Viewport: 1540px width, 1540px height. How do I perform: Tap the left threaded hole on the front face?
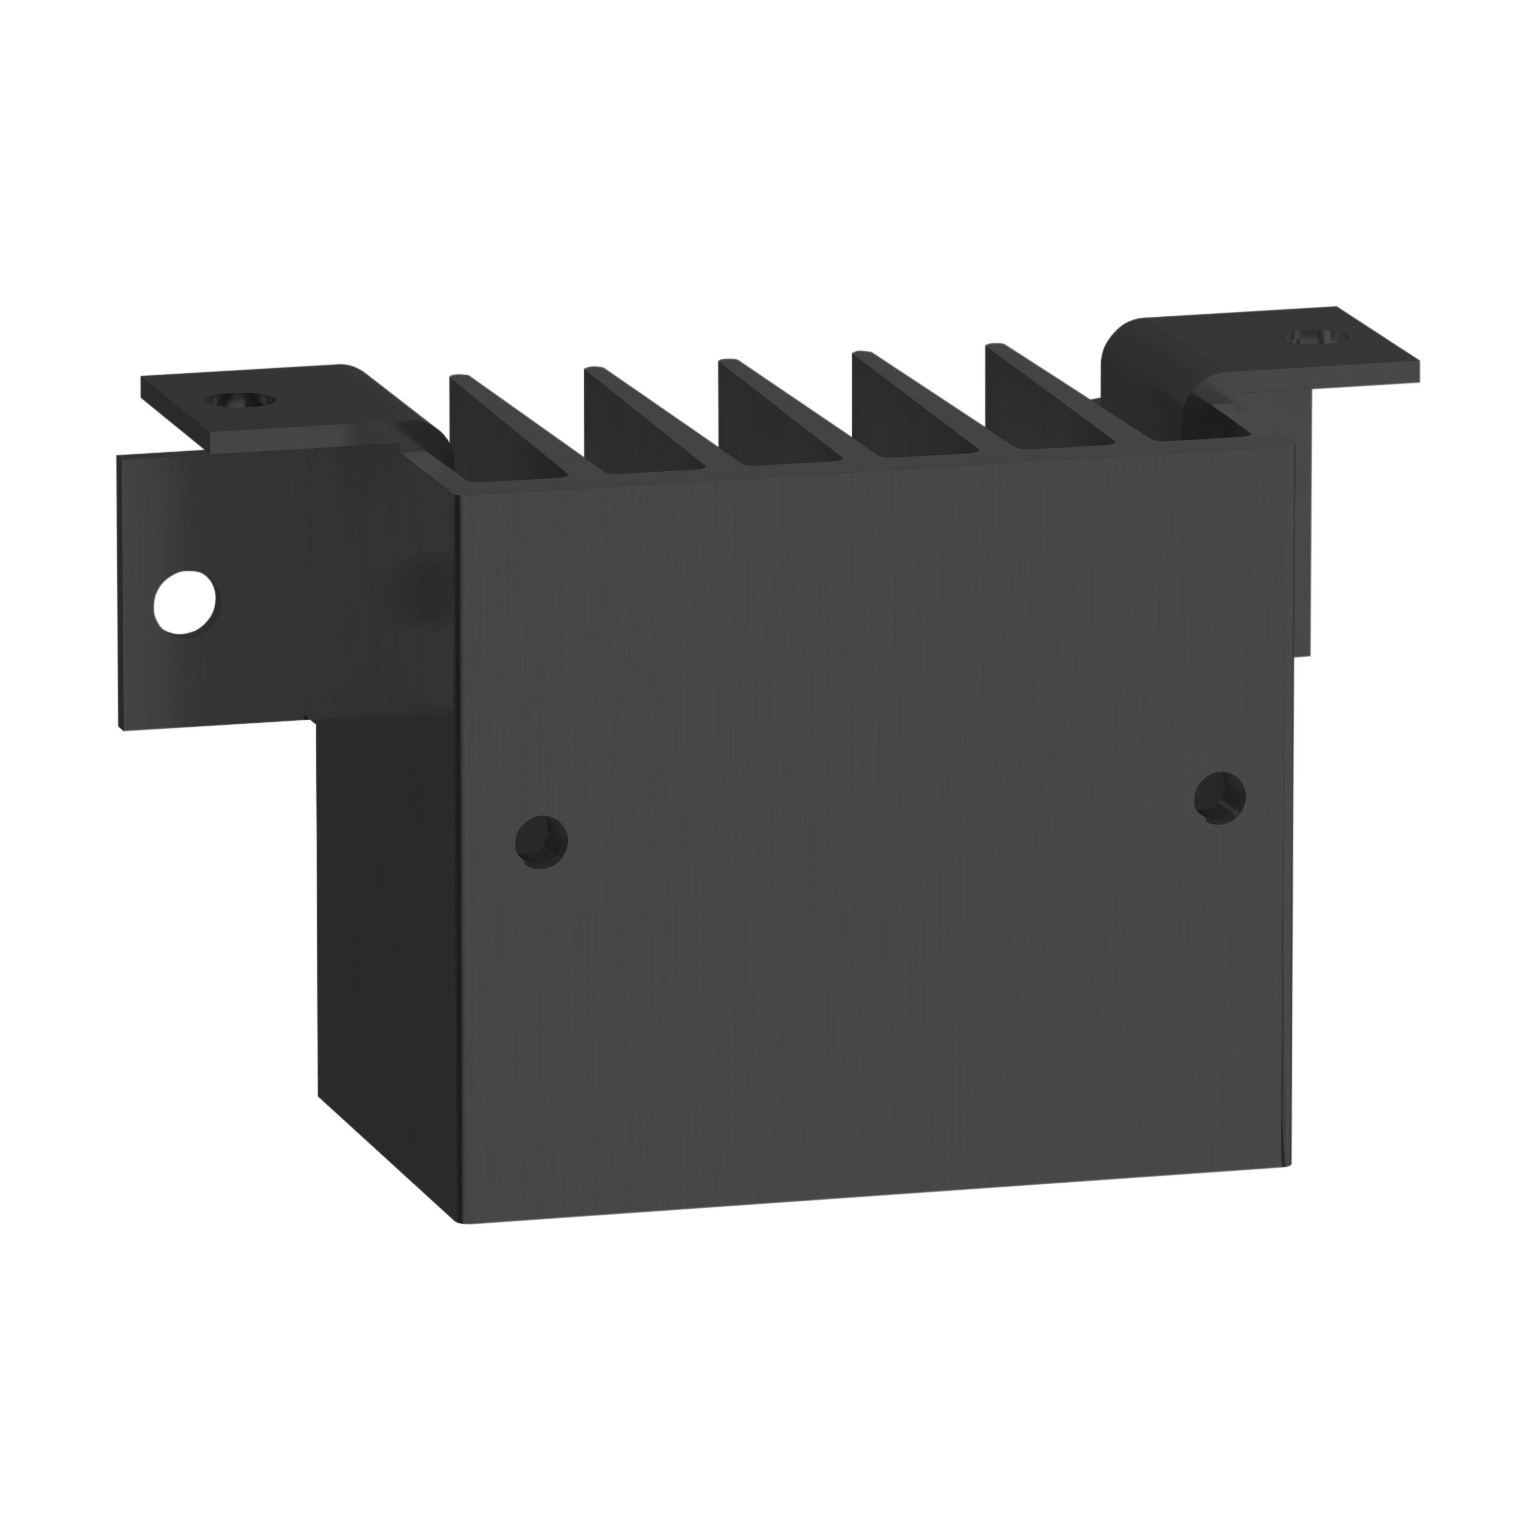click(x=541, y=840)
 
